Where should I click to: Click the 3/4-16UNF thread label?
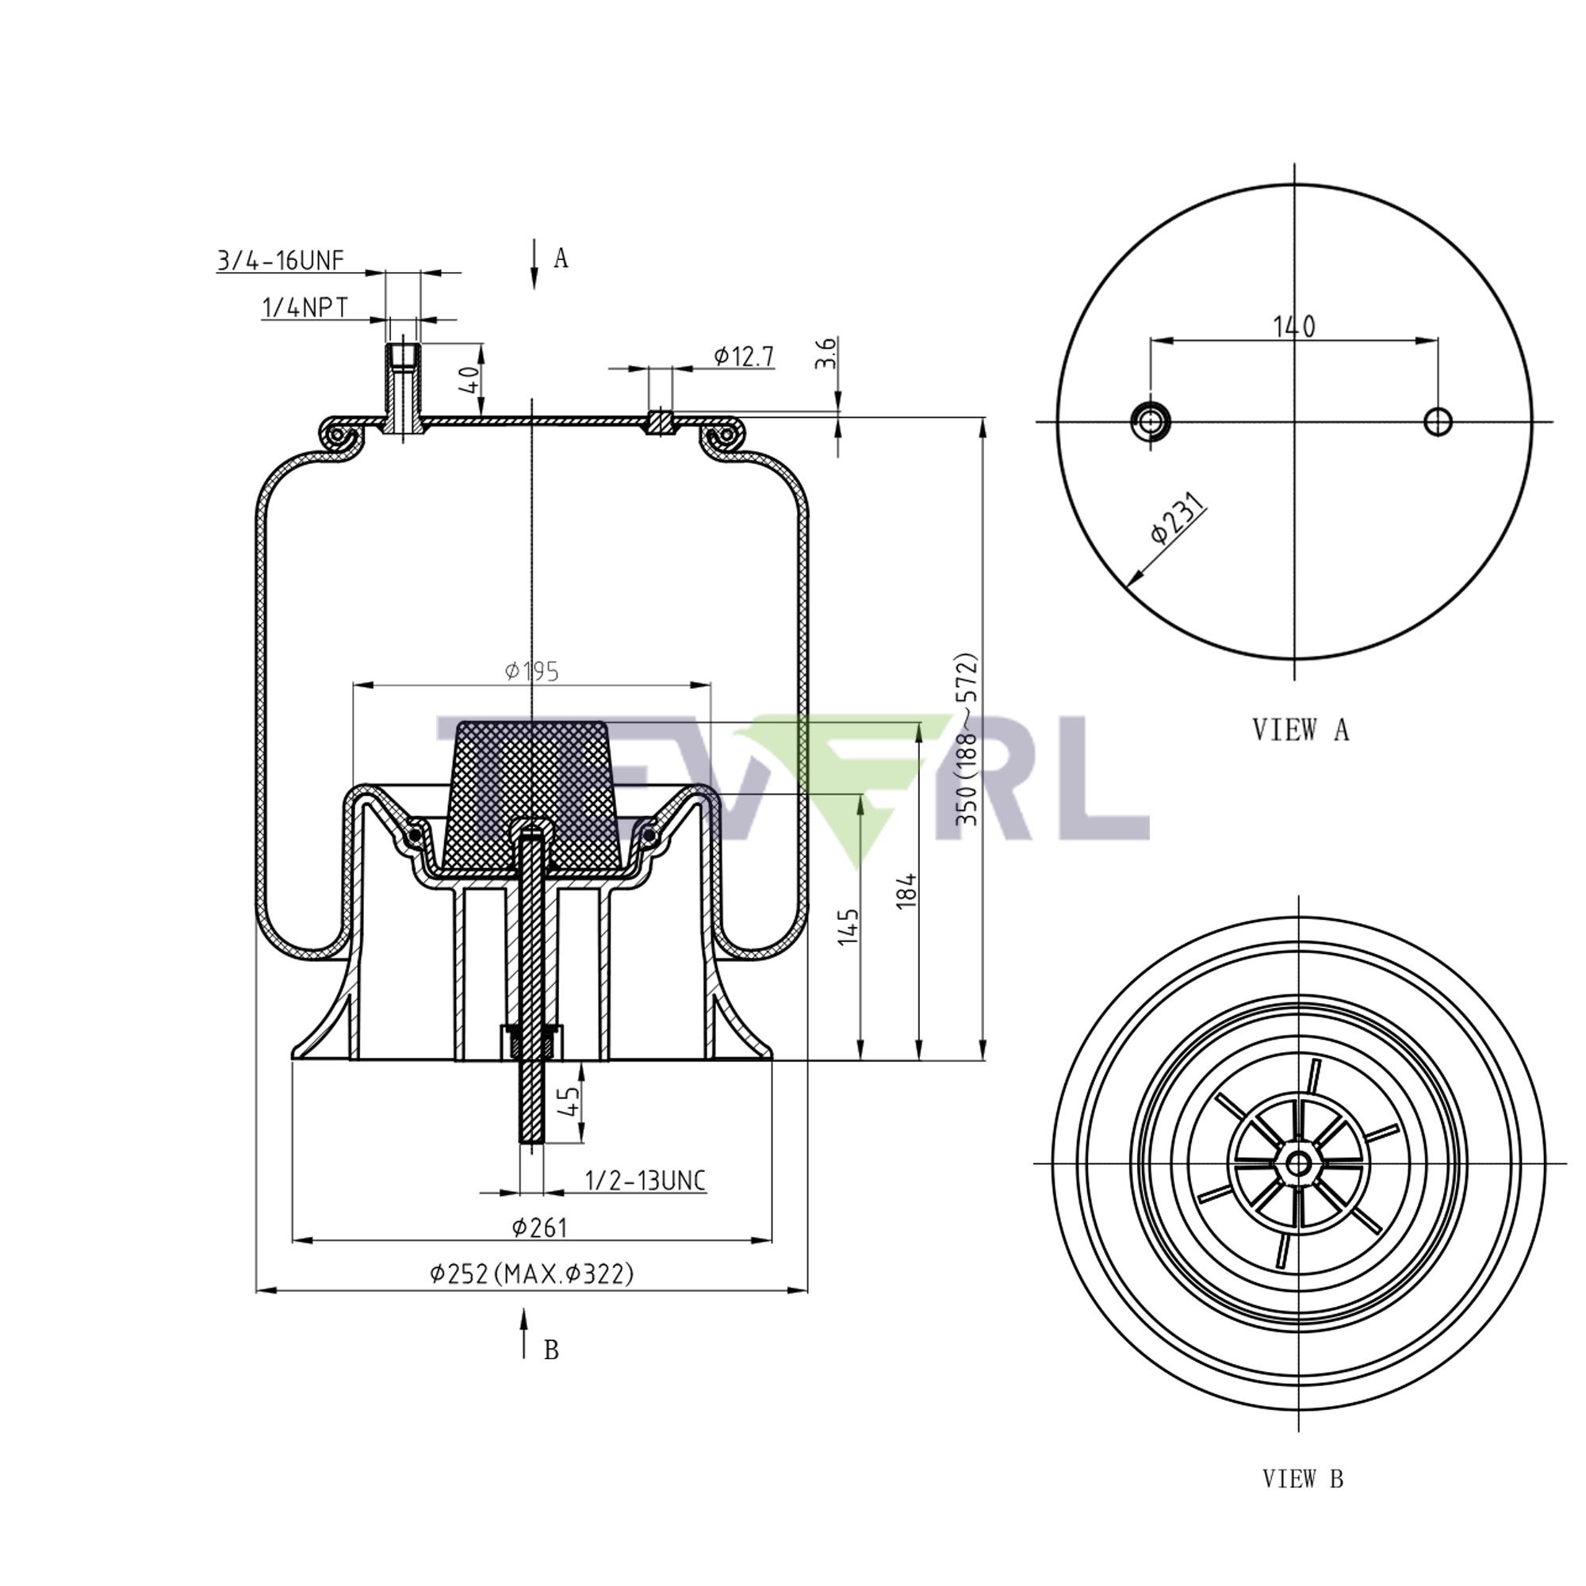coord(280,261)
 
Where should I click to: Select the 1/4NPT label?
coord(305,308)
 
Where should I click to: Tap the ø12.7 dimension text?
coord(743,355)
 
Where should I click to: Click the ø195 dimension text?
coord(532,672)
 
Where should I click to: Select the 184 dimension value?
coord(906,891)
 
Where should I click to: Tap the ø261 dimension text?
coord(539,1228)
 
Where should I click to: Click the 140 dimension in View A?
coord(1293,327)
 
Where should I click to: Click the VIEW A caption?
coord(1301,729)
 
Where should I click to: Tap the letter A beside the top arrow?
coord(561,259)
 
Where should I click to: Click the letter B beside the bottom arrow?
coord(551,1350)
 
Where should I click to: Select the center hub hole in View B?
coord(1298,1163)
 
